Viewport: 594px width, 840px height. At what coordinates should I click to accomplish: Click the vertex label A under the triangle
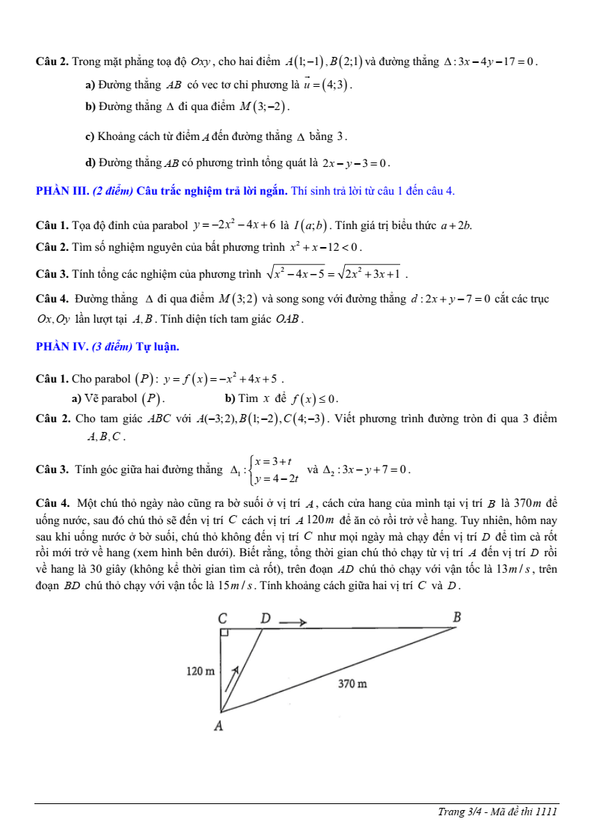pos(219,725)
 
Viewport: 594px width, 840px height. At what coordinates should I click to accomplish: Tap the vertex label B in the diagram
pos(458,617)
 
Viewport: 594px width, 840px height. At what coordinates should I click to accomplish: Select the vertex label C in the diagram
pos(222,619)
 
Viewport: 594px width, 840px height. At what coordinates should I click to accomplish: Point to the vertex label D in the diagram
pos(265,619)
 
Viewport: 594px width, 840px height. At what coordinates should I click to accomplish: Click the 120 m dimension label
pos(200,671)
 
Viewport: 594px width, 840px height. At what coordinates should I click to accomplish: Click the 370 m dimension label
pos(352,684)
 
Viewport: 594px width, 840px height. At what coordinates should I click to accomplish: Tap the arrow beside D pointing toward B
pos(293,621)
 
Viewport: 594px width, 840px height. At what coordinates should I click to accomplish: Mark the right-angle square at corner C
pos(224,633)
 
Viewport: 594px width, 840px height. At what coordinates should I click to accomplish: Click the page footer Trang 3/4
pos(497,812)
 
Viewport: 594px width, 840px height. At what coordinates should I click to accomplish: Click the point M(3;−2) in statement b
pos(263,106)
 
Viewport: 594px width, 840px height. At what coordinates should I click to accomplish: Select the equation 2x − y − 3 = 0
pos(355,162)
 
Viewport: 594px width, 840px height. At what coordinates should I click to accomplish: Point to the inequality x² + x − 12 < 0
pos(325,246)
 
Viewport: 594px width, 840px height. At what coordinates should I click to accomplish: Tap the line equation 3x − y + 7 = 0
pos(372,470)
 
